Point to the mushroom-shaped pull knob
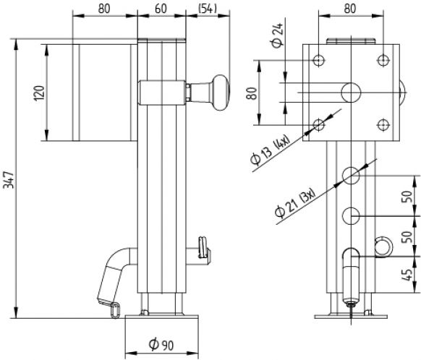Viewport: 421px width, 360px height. click(x=216, y=92)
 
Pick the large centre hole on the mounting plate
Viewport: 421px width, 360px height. click(x=351, y=91)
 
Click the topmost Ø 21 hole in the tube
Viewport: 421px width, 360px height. click(x=351, y=174)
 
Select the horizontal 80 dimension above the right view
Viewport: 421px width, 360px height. click(x=351, y=9)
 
